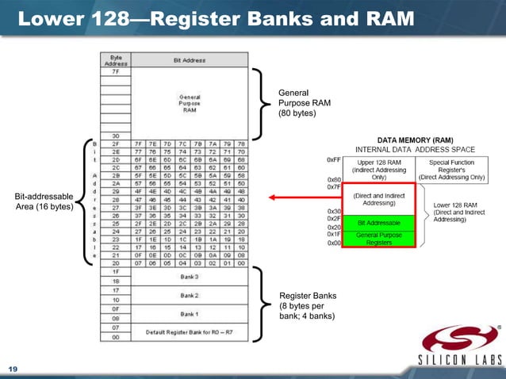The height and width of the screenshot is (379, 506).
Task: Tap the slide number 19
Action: click(x=13, y=369)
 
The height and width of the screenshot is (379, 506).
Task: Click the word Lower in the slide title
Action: click(x=50, y=17)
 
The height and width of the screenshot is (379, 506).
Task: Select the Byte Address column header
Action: click(x=116, y=59)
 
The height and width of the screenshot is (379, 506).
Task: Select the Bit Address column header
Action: click(x=189, y=59)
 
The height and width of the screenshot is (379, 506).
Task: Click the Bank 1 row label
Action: click(x=189, y=313)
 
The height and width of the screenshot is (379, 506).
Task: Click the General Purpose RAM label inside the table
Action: click(x=189, y=103)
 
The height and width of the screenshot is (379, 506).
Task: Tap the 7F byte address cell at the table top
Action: click(x=116, y=71)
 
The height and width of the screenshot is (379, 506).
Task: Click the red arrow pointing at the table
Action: click(x=301, y=197)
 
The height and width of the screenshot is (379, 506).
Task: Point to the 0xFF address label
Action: click(x=334, y=159)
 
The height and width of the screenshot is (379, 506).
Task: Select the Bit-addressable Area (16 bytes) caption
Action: click(x=44, y=201)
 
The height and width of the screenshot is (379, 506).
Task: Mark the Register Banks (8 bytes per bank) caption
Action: click(x=308, y=306)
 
